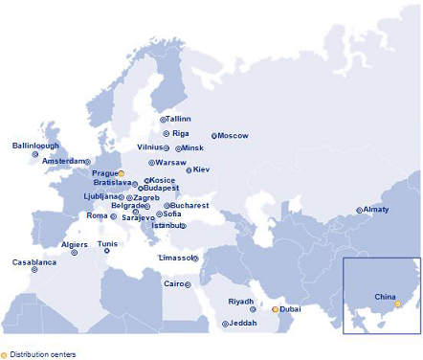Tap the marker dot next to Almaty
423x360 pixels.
[x=360, y=210]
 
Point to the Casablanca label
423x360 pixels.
[x=33, y=261]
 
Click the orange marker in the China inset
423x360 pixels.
[x=398, y=304]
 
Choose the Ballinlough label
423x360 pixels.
[x=35, y=146]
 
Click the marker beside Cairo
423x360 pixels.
[x=188, y=284]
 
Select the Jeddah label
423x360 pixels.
[x=242, y=324]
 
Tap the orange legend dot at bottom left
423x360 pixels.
[x=4, y=353]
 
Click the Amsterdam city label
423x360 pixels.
[x=63, y=161]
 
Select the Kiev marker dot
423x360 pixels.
[x=189, y=170]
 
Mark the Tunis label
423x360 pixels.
[x=107, y=244]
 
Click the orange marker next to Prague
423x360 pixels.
[x=122, y=173]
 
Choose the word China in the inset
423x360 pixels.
[x=385, y=297]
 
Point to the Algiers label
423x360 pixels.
[x=75, y=244]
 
